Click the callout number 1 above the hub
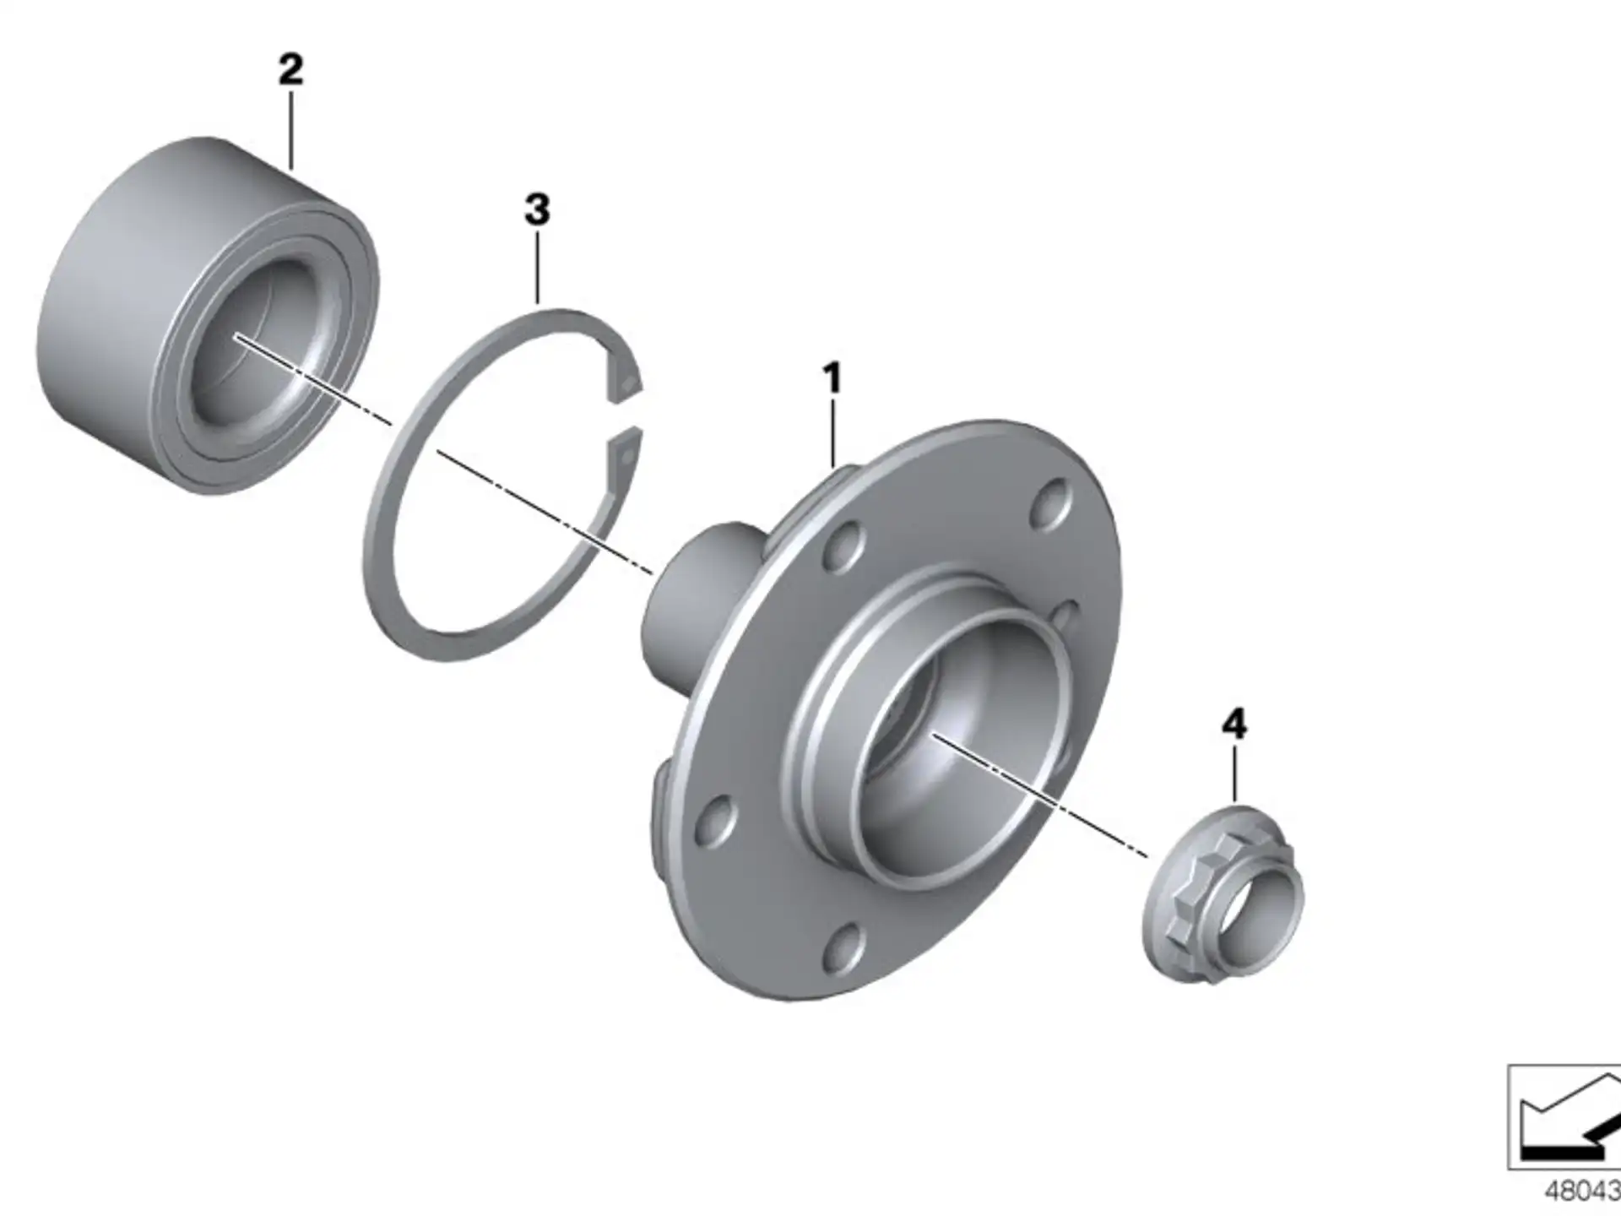(832, 377)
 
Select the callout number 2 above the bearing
(290, 69)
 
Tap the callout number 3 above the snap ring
(537, 209)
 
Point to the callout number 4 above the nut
(1234, 725)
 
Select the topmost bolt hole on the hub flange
(1051, 504)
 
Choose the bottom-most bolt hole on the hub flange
(844, 947)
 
